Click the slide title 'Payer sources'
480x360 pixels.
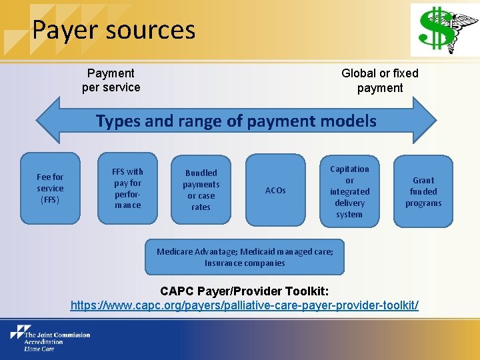coord(113,30)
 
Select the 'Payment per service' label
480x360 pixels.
coord(111,80)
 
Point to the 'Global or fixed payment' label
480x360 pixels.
coord(379,80)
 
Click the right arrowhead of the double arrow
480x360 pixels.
coord(424,121)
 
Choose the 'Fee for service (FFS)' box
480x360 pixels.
coord(50,188)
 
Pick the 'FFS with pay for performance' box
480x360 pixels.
coord(127,188)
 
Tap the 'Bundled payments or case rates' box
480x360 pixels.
coord(201,189)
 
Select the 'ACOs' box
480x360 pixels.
coord(275,190)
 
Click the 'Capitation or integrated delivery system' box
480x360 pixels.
coord(349,191)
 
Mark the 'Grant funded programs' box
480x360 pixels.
coord(423,191)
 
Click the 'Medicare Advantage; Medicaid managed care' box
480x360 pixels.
coord(245,257)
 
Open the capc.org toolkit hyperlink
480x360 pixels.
coord(245,305)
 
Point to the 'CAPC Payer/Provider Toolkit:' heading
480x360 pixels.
coord(245,291)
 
